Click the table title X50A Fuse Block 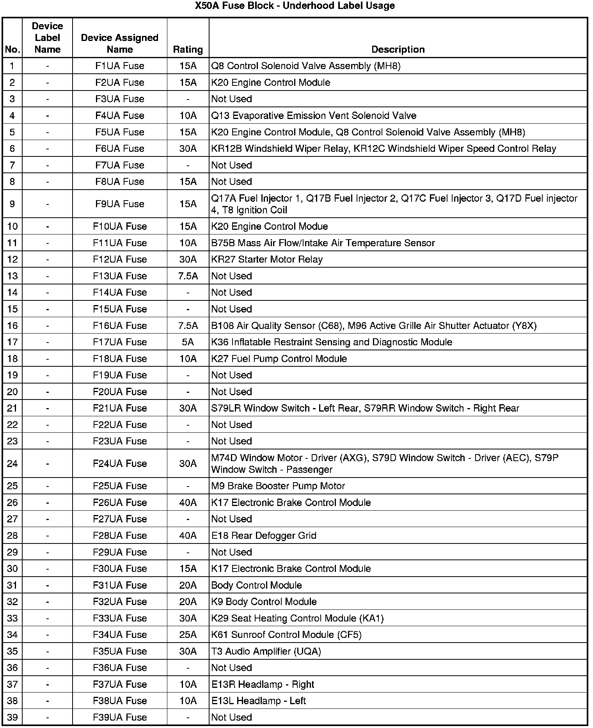coord(295,6)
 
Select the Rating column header coord(188,50)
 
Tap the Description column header coord(398,50)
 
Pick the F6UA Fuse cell coord(119,149)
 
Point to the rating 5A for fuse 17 coord(188,342)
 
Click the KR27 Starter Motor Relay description coord(267,259)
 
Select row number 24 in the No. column coord(12,463)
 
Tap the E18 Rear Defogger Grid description coord(264,536)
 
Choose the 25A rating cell coord(188,635)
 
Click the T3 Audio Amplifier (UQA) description coord(266,651)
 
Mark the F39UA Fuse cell coord(119,717)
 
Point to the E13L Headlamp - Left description coord(258,701)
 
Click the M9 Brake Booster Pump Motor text coord(278,486)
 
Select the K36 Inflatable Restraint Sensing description coord(332,342)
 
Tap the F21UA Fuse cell coord(119,408)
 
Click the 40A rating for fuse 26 coord(188,502)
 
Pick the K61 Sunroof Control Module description coord(286,635)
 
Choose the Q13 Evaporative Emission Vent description coord(314,116)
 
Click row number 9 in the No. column coord(12,204)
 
